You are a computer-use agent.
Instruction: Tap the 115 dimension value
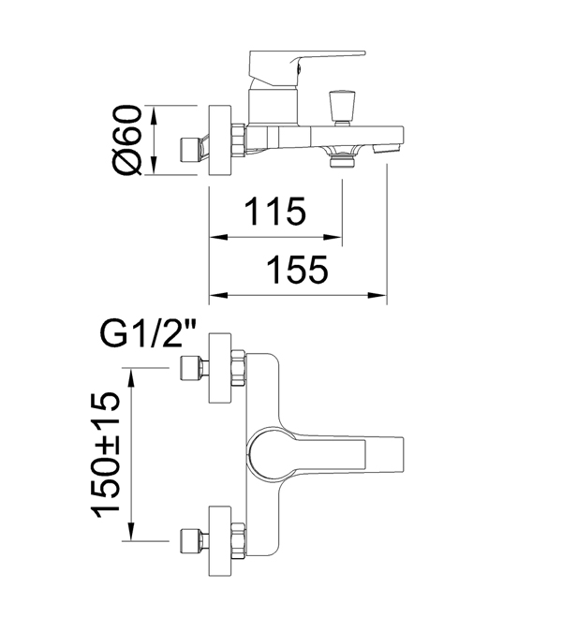click(x=275, y=212)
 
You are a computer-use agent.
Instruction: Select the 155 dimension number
click(x=298, y=270)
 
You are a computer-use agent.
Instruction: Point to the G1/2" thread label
click(x=147, y=334)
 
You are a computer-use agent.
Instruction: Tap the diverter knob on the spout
click(x=341, y=108)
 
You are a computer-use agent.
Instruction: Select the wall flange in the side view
click(x=220, y=140)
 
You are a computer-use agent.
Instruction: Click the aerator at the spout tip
click(x=386, y=149)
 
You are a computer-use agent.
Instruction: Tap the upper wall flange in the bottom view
click(x=220, y=368)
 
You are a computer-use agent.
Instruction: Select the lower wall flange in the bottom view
click(x=220, y=541)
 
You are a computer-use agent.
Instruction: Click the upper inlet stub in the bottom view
click(x=194, y=368)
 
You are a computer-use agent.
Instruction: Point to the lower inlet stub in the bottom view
click(x=194, y=541)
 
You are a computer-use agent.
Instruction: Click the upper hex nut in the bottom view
click(x=239, y=368)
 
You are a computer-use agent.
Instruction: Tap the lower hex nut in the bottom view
click(x=239, y=541)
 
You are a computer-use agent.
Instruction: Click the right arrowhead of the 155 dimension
click(x=377, y=295)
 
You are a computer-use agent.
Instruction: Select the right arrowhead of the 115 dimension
click(x=333, y=237)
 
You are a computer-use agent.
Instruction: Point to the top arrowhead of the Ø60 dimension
click(x=154, y=115)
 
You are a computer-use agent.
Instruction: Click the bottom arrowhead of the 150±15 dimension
click(x=130, y=531)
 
